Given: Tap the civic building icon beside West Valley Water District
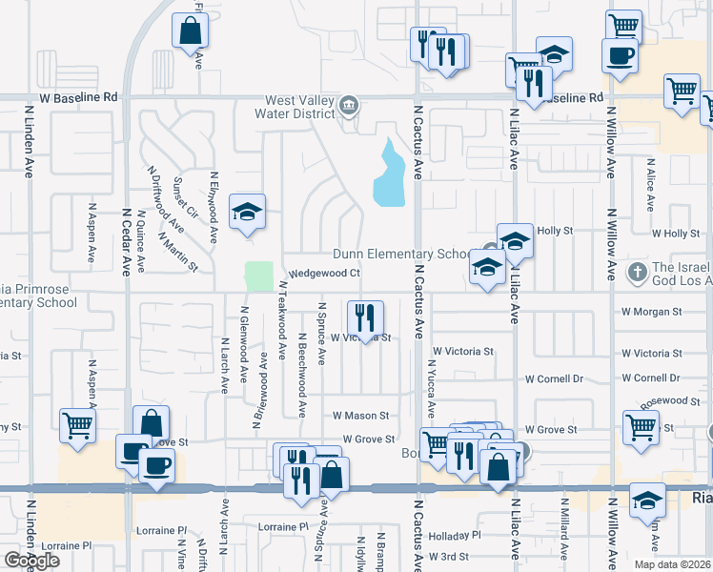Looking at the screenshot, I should click(349, 105).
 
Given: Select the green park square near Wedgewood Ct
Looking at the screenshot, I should click(258, 276).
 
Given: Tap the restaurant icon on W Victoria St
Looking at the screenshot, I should click(365, 317).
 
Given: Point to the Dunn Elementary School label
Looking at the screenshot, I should click(401, 255).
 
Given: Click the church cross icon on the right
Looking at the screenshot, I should click(638, 274).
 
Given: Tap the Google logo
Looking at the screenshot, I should click(31, 560).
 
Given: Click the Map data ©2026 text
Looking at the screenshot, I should click(671, 564).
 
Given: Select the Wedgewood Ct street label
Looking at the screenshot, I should click(323, 274).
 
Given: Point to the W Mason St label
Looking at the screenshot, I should click(360, 416).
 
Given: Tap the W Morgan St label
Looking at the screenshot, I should click(651, 312).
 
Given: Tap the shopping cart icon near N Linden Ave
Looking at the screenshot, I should click(77, 426).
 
